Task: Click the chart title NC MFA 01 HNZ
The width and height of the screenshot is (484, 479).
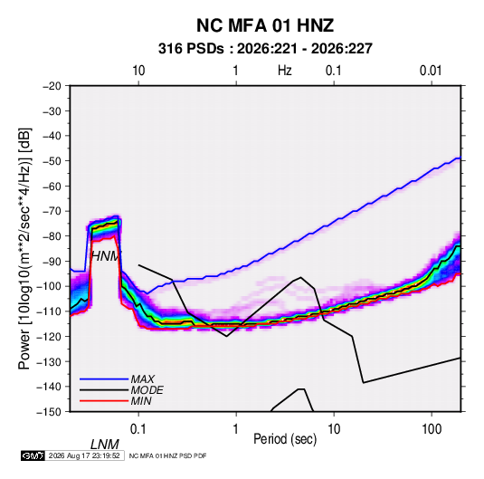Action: (x=265, y=25)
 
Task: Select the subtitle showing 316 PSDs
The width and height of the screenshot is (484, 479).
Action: (x=265, y=49)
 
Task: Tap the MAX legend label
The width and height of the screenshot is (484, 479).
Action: (x=143, y=378)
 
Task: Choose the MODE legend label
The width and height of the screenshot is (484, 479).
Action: (x=147, y=390)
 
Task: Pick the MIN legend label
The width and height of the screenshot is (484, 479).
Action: (x=141, y=401)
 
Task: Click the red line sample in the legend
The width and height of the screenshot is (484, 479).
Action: (x=104, y=401)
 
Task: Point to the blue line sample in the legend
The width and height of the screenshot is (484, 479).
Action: (x=104, y=378)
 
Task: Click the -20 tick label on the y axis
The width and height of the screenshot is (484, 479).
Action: (x=52, y=86)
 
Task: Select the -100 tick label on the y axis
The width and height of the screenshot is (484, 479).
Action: (x=49, y=286)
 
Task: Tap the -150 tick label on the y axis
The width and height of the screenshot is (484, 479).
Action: (x=49, y=412)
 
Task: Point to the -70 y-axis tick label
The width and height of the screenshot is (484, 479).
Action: (x=52, y=211)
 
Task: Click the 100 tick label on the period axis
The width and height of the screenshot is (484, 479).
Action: (x=432, y=429)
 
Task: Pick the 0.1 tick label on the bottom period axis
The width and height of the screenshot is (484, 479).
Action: (x=138, y=429)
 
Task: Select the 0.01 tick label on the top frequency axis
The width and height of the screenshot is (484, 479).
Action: (x=431, y=71)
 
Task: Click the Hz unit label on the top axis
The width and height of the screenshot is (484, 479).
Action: (x=285, y=71)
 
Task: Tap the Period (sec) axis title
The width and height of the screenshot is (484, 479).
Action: (x=285, y=439)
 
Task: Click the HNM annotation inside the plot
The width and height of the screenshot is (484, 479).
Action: (x=105, y=256)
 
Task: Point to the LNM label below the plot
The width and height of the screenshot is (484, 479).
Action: (x=105, y=445)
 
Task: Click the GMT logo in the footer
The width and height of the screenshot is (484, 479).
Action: (x=33, y=455)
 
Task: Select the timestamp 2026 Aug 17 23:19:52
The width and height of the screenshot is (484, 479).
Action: (x=84, y=455)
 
